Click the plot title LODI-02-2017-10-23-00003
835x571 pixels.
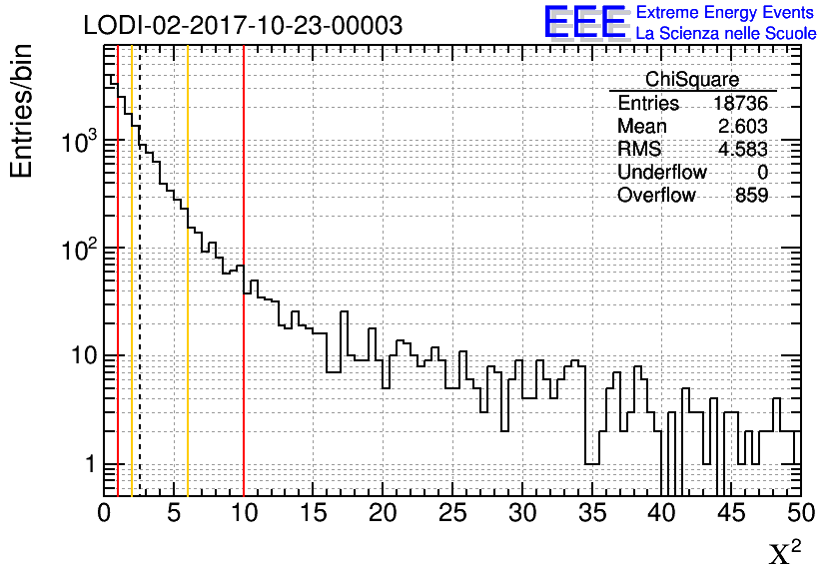pyautogui.click(x=243, y=25)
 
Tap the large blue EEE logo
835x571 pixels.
pyautogui.click(x=584, y=22)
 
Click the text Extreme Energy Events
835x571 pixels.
pyautogui.click(x=725, y=13)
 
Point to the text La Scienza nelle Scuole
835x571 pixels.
pyautogui.click(x=726, y=34)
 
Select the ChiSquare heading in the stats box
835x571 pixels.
pyautogui.click(x=692, y=80)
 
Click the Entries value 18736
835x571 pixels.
pyautogui.click(x=740, y=104)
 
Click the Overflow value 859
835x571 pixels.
pyautogui.click(x=751, y=196)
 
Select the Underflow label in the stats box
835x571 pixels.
pyautogui.click(x=661, y=173)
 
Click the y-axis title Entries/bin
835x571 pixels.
pyautogui.click(x=22, y=111)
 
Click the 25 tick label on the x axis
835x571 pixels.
pyautogui.click(x=452, y=514)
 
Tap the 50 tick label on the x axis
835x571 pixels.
pyautogui.click(x=800, y=514)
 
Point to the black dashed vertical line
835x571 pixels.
pyautogui.click(x=140, y=299)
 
